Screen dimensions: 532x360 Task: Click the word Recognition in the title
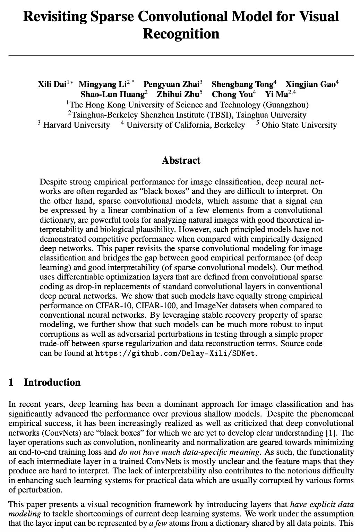coord(181,34)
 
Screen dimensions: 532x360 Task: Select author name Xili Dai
coord(52,84)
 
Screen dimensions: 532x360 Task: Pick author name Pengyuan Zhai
coord(171,84)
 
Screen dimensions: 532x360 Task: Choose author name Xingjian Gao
coord(310,84)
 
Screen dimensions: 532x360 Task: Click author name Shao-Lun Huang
coord(112,94)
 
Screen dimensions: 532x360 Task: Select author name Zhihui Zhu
coord(178,94)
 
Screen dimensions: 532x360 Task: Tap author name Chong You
coord(232,94)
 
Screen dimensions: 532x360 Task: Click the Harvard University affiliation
coord(76,125)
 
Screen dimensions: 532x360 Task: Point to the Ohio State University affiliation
coord(299,125)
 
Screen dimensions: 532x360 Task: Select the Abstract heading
coord(181,160)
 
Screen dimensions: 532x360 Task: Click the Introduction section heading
coord(52,382)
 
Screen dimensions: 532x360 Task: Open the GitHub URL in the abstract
coord(176,353)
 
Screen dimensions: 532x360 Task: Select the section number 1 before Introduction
coord(11,382)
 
